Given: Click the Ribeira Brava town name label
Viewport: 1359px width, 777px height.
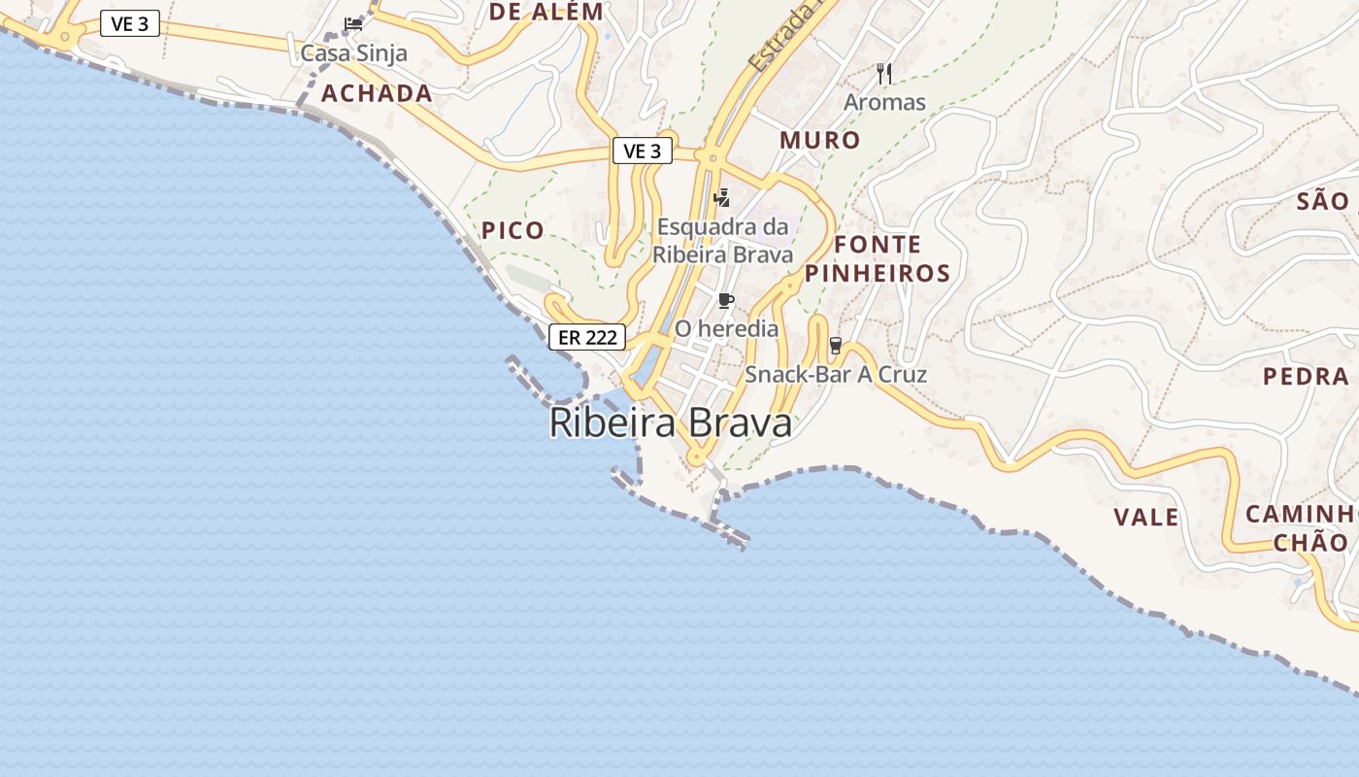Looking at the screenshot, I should click(670, 423).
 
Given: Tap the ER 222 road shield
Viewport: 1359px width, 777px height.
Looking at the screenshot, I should click(587, 338).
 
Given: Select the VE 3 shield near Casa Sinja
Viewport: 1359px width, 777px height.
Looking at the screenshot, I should click(130, 24).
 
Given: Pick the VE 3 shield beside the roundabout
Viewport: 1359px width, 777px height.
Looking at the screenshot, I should click(643, 152).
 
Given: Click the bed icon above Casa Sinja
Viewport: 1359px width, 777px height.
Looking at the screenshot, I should click(353, 24).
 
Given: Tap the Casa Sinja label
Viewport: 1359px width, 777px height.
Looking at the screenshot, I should click(353, 53).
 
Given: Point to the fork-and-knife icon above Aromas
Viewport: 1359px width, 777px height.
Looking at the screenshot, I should click(884, 73).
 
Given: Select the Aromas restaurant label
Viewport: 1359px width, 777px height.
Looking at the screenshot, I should click(884, 102).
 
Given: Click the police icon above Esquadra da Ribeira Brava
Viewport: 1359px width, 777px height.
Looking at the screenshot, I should click(721, 198).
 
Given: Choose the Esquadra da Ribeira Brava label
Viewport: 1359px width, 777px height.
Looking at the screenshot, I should click(723, 240).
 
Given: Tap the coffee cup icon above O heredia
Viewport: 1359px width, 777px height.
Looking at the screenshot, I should click(725, 300).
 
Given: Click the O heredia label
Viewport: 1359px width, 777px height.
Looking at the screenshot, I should click(726, 329).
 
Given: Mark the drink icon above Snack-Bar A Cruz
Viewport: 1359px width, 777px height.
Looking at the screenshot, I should click(835, 346).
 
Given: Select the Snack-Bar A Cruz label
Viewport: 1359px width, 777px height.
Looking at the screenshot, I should click(836, 375).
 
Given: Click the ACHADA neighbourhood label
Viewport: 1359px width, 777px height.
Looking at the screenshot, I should click(377, 93).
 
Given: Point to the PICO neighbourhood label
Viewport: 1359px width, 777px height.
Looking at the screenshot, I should click(513, 231).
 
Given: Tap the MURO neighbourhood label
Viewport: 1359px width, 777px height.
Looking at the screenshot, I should click(820, 140).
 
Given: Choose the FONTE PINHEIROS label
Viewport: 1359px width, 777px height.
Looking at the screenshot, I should click(878, 258).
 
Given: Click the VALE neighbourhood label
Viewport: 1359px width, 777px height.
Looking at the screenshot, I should click(1146, 517).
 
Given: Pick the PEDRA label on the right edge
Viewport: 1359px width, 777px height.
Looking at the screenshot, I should click(1306, 377).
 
